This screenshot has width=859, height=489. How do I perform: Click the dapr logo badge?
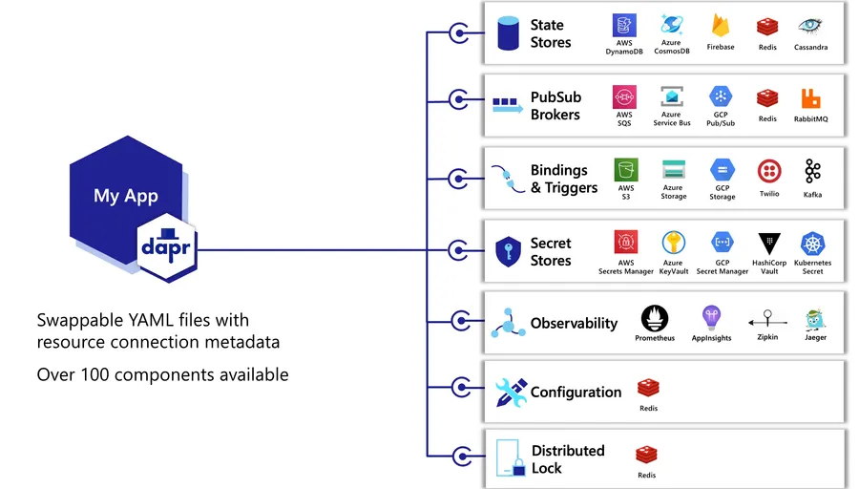(167, 247)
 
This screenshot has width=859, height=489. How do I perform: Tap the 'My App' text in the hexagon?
(126, 196)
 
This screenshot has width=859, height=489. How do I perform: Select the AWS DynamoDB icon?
(624, 25)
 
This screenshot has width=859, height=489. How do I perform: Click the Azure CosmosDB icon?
(672, 25)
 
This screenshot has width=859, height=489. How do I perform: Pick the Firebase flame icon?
(721, 26)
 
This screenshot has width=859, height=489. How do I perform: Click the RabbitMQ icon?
(810, 98)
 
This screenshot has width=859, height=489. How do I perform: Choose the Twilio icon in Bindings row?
(769, 171)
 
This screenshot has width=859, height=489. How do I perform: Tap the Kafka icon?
(812, 171)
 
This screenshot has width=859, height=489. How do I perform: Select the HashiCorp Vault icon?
(769, 244)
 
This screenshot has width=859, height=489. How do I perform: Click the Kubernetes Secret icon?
(812, 244)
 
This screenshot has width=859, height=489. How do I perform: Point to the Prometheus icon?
(655, 317)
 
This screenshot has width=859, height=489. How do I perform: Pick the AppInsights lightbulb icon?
(711, 317)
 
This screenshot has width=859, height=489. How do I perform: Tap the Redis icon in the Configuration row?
(648, 388)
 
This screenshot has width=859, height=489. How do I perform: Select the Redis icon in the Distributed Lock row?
(647, 455)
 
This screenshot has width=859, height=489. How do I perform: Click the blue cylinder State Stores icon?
(508, 34)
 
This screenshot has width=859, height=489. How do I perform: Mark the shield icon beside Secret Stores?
(507, 252)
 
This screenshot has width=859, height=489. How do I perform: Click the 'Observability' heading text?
(574, 323)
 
